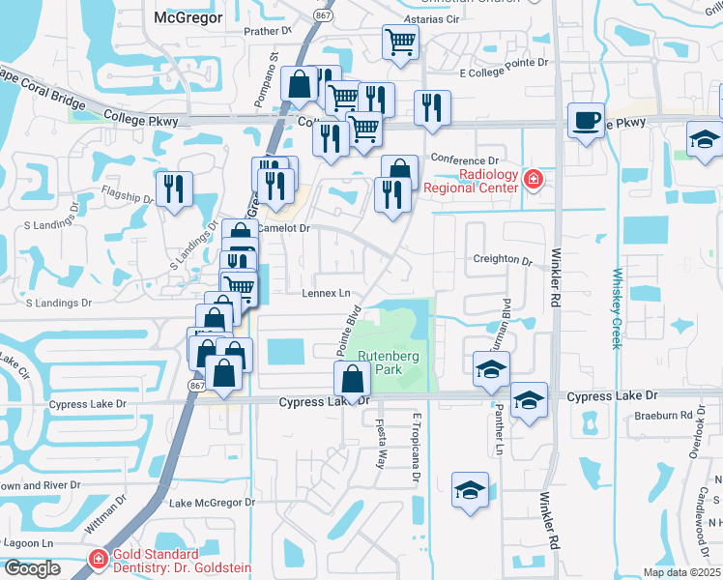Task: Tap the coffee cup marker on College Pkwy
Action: coord(586,121)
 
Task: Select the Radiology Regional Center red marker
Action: coord(532,179)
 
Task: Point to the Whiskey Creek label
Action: coord(616,307)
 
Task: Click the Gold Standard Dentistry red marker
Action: coord(97,558)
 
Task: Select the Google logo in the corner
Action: coord(31,568)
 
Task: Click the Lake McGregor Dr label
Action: coord(212,503)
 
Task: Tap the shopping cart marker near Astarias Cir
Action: coord(400,43)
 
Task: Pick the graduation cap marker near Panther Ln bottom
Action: coord(470,489)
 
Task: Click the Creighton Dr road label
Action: coord(503,261)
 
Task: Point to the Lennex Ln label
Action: coord(326,293)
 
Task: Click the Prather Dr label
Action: coord(268,31)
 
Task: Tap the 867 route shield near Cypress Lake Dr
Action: coord(197,385)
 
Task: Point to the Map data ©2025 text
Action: coord(680,572)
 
